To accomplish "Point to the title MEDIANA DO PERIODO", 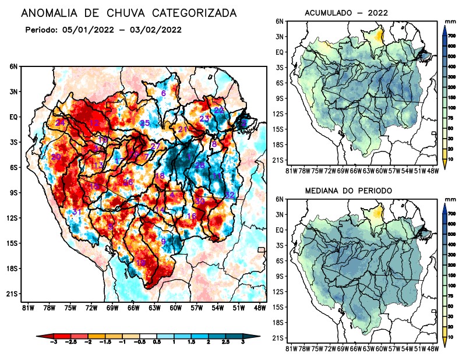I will [x=348, y=190].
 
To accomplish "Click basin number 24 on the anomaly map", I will [x=60, y=122].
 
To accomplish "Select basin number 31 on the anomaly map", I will [x=76, y=212].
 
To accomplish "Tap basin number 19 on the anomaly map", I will [x=141, y=263].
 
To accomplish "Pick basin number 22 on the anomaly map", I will [x=219, y=111].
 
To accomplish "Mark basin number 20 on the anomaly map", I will [x=56, y=157].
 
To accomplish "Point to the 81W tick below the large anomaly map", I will [x=27, y=308].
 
